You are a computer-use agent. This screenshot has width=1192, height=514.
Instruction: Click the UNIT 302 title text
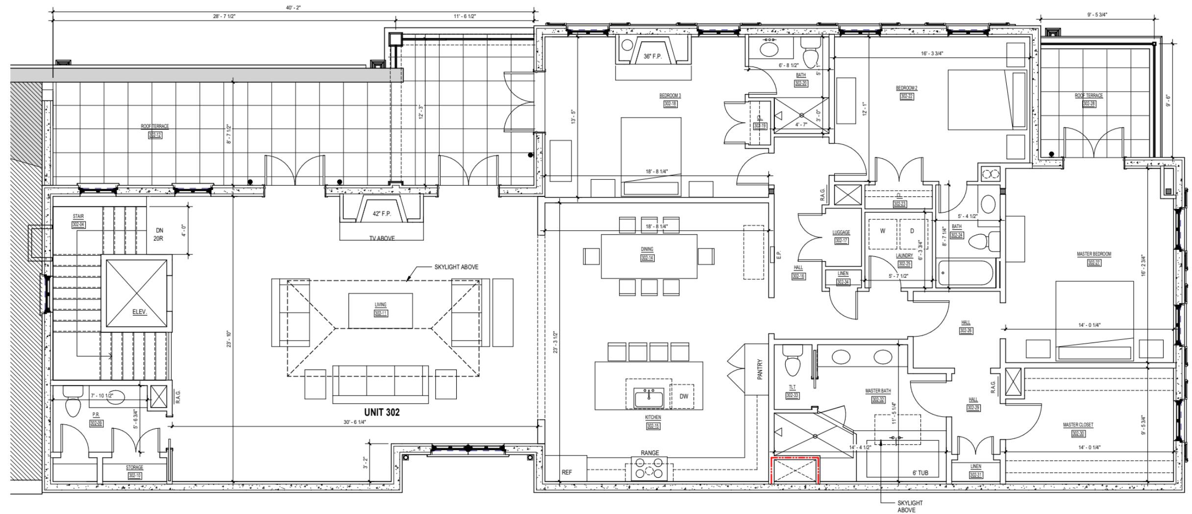pos(381,412)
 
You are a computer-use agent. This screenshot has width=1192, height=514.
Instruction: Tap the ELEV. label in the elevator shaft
pos(139,312)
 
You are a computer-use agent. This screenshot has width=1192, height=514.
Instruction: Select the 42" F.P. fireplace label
pos(381,214)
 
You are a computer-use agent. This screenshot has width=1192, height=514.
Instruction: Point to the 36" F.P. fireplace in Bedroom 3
pos(652,56)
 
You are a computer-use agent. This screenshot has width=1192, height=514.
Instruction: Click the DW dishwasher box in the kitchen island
pos(683,396)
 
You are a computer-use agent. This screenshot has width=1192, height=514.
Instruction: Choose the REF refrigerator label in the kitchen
pos(567,472)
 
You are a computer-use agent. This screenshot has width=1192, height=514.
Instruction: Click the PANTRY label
pos(760,370)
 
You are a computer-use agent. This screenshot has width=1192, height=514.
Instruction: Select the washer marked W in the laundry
pos(882,231)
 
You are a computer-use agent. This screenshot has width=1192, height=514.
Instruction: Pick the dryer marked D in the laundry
pos(912,231)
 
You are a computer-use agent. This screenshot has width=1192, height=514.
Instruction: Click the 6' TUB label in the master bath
pos(920,473)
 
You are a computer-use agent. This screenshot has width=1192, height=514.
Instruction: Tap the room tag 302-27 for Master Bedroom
pos(1093,263)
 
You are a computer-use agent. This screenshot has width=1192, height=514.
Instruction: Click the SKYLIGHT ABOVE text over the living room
pos(456,267)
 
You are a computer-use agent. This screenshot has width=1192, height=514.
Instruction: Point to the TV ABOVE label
pos(381,238)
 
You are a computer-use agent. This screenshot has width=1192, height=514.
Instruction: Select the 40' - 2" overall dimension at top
pos(293,7)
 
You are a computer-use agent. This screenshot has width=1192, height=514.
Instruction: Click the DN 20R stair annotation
pos(159,234)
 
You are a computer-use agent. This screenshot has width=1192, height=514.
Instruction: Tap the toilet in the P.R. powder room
pos(73,403)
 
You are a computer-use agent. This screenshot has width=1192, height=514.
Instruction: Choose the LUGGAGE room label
pos(841,232)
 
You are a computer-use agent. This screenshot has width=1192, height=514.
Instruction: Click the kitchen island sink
pos(648,398)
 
